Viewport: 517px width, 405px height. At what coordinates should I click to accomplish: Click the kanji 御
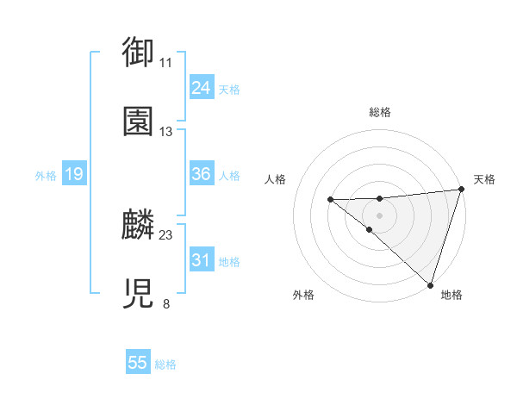[138, 52]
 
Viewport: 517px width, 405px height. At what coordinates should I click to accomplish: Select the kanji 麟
[138, 225]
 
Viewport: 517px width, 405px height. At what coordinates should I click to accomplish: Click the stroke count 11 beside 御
[166, 63]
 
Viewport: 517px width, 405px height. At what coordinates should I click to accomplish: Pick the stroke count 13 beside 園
[166, 132]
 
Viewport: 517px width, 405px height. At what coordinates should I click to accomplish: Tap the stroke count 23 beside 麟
[166, 234]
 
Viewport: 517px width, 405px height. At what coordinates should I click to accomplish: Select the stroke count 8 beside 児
[166, 303]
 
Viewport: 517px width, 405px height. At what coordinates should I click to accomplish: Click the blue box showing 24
[201, 87]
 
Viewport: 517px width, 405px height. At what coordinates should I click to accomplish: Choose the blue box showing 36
[201, 174]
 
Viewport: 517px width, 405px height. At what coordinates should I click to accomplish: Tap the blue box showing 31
[201, 259]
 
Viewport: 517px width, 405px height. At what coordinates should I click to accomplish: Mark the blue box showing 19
[73, 174]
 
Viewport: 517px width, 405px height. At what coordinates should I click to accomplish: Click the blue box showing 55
[138, 363]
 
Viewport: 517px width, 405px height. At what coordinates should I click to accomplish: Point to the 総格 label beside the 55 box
[165, 364]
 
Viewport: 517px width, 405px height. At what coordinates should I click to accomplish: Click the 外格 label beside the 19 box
[46, 176]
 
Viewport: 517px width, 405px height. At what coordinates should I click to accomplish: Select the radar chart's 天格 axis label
[484, 179]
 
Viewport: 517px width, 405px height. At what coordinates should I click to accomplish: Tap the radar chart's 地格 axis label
[452, 296]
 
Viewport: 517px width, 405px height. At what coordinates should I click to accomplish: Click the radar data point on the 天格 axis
[461, 190]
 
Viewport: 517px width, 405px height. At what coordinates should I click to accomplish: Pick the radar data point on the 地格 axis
[430, 284]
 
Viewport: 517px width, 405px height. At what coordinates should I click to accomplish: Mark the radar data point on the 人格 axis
[330, 200]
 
